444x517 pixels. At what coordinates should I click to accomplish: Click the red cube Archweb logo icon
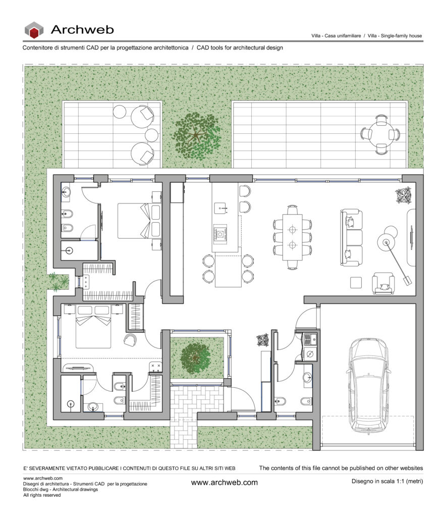pos(34,30)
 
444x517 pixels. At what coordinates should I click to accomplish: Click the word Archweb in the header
pos(82,30)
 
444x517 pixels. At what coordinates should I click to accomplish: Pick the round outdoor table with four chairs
pos(381,134)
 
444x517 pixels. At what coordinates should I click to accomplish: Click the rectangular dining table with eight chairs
pos(292,237)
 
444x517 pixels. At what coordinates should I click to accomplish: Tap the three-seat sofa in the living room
pos(352,237)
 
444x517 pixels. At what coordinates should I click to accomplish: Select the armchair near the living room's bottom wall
pos(383,283)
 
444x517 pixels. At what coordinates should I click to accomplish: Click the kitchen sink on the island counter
pos(220,209)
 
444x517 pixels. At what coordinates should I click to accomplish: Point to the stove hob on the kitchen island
pos(220,234)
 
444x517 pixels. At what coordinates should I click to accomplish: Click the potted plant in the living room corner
pos(403,195)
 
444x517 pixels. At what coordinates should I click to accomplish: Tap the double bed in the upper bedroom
pos(139,221)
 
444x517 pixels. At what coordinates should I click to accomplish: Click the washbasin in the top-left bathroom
pos(66,192)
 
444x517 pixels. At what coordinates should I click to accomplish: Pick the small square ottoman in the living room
pos(356,283)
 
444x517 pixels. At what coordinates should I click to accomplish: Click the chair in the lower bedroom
pos(130,340)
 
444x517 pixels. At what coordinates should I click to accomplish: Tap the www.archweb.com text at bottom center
pos(225,482)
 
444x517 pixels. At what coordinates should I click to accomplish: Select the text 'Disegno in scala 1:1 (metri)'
pos(387,481)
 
